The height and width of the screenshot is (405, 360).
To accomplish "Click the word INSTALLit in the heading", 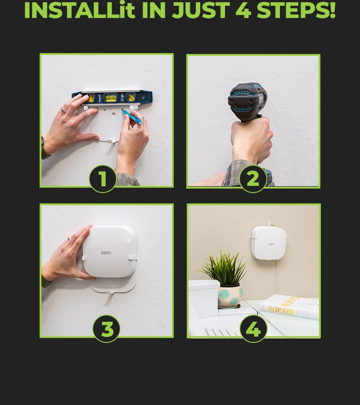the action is point(80,10).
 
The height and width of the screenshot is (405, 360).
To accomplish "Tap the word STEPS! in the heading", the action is point(296,10).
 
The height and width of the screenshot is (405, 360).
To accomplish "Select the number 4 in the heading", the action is point(243,10).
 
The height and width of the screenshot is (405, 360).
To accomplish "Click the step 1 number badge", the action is point(103,179).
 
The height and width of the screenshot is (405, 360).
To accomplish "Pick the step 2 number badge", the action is point(253,179).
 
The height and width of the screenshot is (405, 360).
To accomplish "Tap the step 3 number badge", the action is point(106,329).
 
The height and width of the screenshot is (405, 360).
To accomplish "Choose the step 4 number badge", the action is point(253,329).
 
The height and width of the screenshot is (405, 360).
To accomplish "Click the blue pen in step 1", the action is point(132,117).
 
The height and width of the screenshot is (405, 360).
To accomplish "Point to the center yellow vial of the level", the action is point(111,98).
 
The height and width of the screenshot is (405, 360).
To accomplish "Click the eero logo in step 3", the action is point(106,252).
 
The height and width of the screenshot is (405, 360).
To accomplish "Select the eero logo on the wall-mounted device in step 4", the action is point(271,244).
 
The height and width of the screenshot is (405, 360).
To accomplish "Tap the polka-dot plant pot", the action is point(230,296).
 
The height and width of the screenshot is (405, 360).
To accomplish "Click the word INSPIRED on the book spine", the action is point(281,310).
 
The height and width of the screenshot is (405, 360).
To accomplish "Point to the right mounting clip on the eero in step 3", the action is point(132,258).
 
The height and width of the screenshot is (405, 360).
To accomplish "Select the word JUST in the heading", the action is point(201,10).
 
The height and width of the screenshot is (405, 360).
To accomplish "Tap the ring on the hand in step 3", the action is point(69,238).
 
